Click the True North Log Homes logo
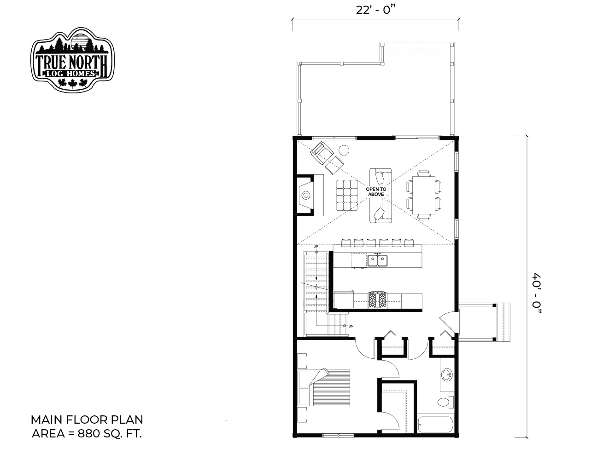click(x=72, y=59)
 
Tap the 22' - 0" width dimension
click(x=377, y=10)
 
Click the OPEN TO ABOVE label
click(x=376, y=191)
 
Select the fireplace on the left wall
click(x=309, y=195)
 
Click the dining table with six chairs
click(x=424, y=195)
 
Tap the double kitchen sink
click(x=377, y=260)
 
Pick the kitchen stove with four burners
click(x=377, y=300)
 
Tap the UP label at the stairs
click(x=316, y=246)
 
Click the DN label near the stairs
click(x=351, y=326)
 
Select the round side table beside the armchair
click(x=344, y=150)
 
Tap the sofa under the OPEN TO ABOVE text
click(x=380, y=195)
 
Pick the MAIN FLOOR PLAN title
click(x=87, y=420)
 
